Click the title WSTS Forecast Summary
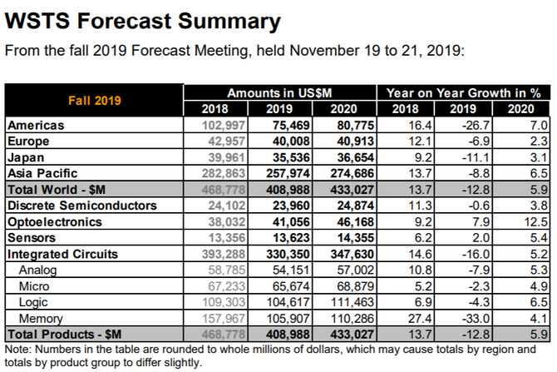pyautogui.click(x=143, y=20)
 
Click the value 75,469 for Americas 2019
pyautogui.click(x=287, y=125)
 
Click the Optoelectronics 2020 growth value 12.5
pyautogui.click(x=537, y=221)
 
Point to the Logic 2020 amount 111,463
pyautogui.click(x=349, y=301)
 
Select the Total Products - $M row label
pyautogui.click(x=65, y=333)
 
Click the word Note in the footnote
pyautogui.click(x=20, y=348)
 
